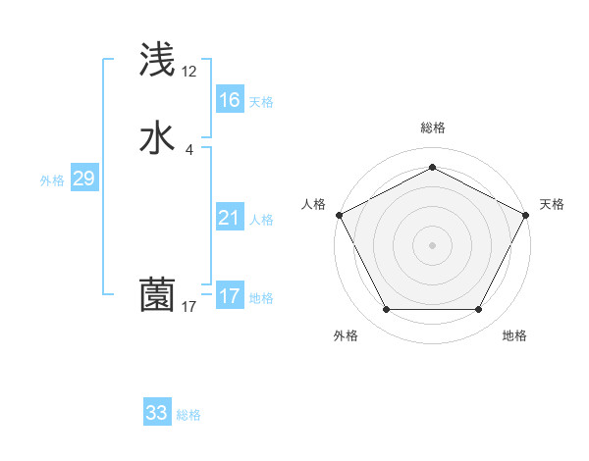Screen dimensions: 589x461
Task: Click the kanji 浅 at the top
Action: pos(157,60)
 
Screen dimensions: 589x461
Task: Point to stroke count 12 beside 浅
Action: pos(189,72)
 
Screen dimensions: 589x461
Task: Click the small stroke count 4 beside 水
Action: pos(189,150)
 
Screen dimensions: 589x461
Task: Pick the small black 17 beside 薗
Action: pos(189,307)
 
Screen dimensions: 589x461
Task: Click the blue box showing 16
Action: pos(229,100)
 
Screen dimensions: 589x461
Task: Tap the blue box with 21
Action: pos(229,218)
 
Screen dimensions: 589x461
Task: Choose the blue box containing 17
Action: pos(229,296)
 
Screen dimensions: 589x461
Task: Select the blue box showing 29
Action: pos(83,179)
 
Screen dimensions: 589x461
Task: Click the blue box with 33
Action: pos(156,413)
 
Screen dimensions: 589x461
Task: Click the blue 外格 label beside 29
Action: pos(52,180)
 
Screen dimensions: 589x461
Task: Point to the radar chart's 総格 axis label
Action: pos(432,128)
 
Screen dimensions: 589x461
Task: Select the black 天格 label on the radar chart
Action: pos(553,204)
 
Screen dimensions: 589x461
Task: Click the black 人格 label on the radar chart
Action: pos(314,204)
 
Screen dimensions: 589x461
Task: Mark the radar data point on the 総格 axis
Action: pos(432,167)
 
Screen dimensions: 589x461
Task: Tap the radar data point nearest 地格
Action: pos(478,310)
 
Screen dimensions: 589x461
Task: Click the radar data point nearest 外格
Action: pos(386,310)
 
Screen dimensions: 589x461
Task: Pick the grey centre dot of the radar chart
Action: pos(432,244)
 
